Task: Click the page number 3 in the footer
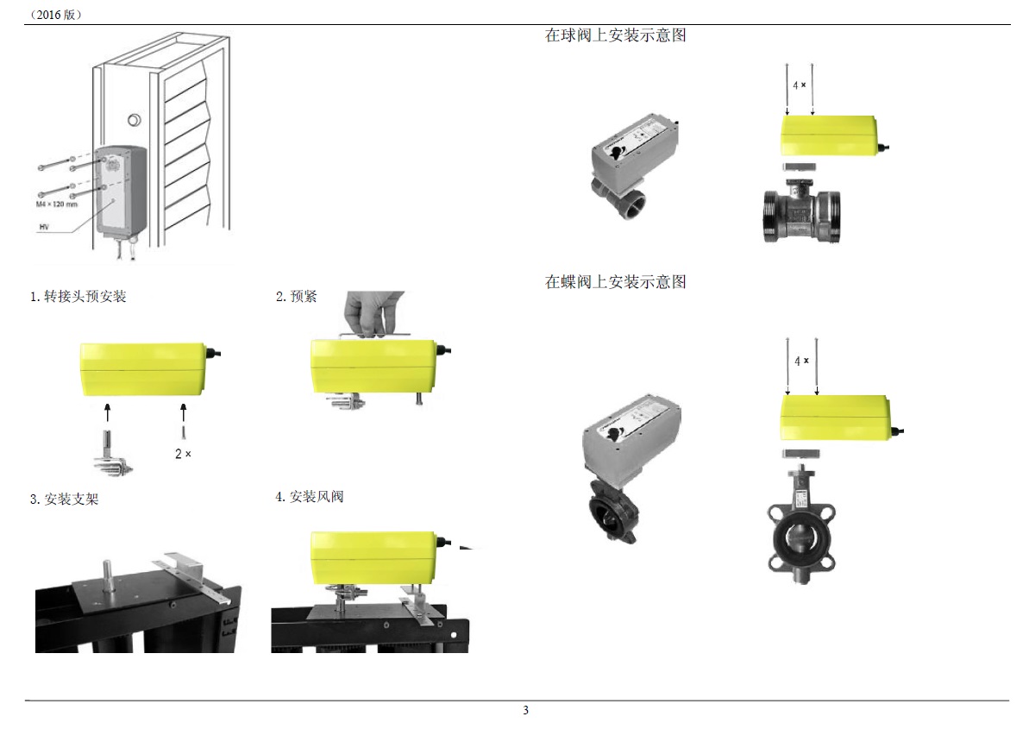click(525, 711)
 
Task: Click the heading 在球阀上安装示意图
click(615, 36)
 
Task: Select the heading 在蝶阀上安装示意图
click(615, 282)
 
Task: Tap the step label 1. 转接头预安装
click(78, 297)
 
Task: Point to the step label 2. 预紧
click(297, 297)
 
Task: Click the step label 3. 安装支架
click(65, 499)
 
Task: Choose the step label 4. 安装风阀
click(310, 497)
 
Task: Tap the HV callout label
click(44, 227)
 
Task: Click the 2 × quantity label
click(183, 453)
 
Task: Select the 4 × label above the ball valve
click(800, 85)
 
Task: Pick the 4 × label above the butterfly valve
click(801, 361)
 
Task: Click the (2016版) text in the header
click(55, 15)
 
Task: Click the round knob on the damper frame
click(135, 120)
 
